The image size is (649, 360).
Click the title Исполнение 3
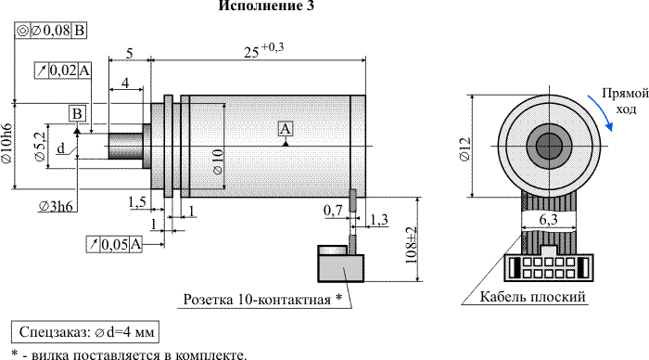266,6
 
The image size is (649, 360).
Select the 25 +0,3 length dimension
263,50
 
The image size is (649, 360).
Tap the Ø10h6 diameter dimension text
6,143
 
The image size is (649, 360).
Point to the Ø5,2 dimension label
40,147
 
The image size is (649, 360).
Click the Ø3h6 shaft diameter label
57,206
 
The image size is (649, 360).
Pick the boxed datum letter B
77,114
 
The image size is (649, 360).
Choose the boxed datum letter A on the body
286,129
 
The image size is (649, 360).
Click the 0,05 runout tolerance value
115,244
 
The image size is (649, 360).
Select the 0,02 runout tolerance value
63,71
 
